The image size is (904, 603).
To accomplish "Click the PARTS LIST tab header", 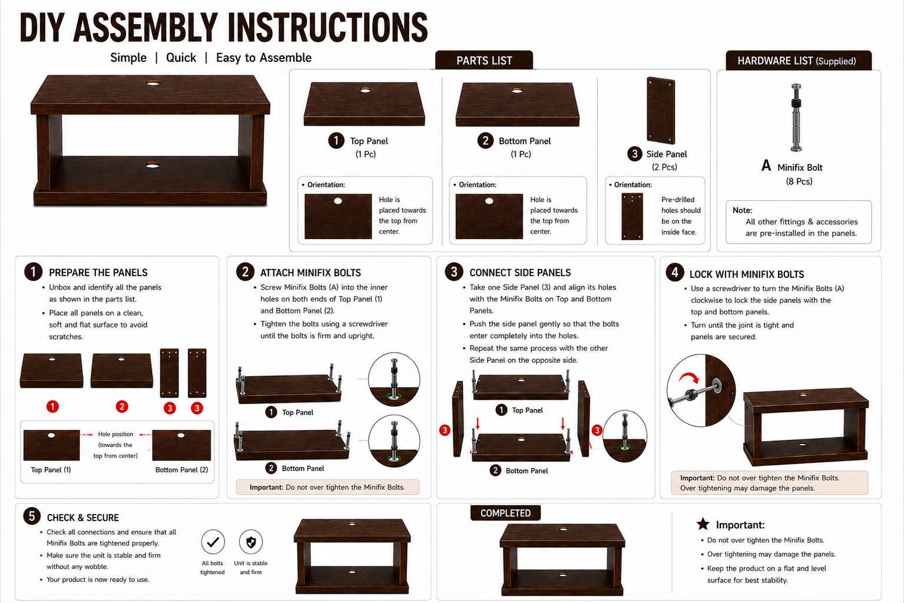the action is [484, 60].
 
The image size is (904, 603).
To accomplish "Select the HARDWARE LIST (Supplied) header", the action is [798, 61].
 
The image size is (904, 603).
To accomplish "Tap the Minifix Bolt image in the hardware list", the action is [796, 117].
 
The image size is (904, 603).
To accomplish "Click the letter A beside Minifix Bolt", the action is [766, 165].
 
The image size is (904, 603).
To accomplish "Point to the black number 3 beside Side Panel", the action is [635, 154].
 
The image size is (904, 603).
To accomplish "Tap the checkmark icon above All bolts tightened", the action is [213, 542].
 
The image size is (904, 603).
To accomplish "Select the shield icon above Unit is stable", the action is [251, 542].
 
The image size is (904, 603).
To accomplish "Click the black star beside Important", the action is [703, 524].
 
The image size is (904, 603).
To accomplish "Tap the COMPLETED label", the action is [505, 513].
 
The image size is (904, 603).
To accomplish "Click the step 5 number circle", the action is [32, 516].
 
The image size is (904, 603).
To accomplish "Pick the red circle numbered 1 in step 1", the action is [52, 406].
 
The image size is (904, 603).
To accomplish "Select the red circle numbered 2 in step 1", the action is [122, 406].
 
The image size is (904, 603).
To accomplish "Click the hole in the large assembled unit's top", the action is [153, 83].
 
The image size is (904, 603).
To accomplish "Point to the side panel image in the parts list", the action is [661, 110].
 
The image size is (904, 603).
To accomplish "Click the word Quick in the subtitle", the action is [181, 58].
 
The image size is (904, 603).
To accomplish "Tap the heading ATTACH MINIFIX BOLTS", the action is [310, 273].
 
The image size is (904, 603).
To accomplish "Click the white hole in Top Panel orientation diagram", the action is [338, 201].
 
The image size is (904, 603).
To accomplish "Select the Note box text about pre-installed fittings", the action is [801, 227].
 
